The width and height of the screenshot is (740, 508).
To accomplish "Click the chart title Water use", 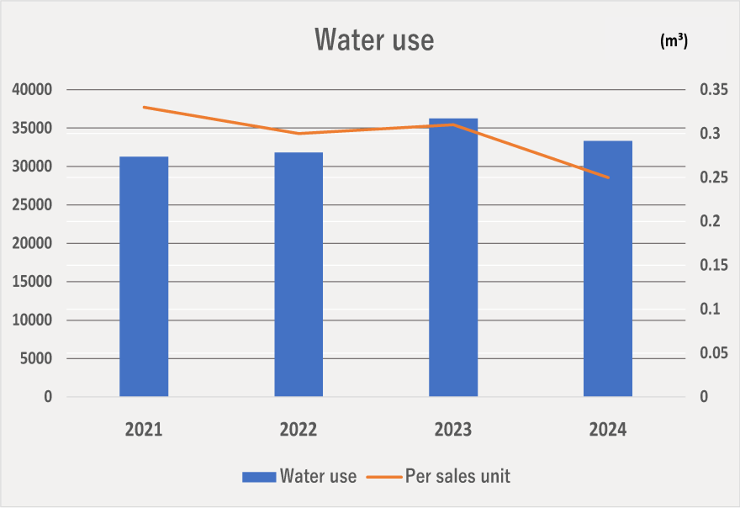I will coord(374,40).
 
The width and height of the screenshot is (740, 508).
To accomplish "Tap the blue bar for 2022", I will coord(299,274).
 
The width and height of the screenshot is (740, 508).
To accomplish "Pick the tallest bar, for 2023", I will coord(453,257).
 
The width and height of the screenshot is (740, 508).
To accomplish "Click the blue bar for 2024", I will coord(608,268).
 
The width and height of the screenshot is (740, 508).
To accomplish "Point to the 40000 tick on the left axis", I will coord(31,90).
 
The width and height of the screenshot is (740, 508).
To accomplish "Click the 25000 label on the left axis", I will coord(31,205).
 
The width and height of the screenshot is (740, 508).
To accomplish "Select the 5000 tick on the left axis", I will coord(35,359).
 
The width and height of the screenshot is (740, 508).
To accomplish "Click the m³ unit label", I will coord(674,41).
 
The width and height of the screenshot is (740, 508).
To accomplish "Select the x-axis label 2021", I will coord(144,430).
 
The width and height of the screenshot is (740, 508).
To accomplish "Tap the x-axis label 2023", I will coord(453,430).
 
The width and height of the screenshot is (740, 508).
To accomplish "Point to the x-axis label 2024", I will coord(608,430).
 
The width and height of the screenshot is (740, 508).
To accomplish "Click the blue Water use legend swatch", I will coord(259,477).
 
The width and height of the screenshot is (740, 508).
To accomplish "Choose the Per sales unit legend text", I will coord(457,476).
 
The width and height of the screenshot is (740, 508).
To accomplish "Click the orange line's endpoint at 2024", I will coord(608,177).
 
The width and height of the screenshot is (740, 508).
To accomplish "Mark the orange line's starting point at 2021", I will coord(144,107).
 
